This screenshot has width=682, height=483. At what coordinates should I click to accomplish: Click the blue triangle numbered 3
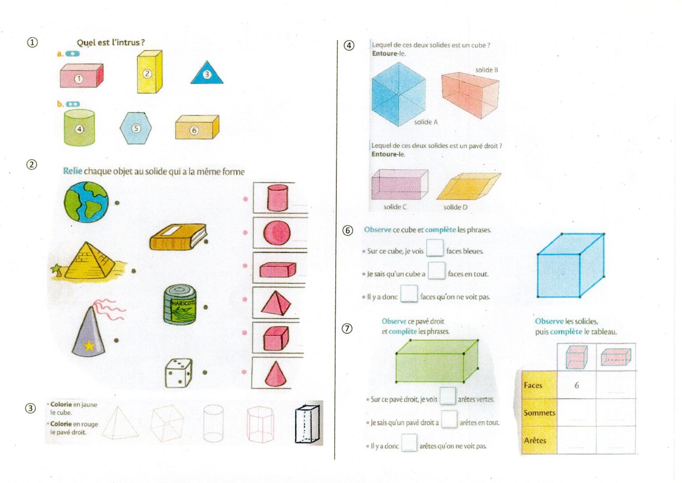click(x=207, y=73)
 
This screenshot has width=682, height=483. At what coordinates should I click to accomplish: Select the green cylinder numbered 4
click(x=79, y=128)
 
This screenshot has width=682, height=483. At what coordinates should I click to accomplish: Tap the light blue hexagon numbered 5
click(x=135, y=128)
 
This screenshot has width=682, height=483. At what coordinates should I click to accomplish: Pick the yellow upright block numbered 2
click(x=150, y=72)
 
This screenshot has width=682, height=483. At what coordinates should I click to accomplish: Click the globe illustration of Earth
click(x=86, y=202)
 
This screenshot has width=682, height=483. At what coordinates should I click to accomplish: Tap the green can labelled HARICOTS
click(x=180, y=305)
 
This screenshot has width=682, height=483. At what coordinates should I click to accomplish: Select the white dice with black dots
click(x=178, y=373)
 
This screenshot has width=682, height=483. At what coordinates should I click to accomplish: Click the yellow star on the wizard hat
click(x=89, y=346)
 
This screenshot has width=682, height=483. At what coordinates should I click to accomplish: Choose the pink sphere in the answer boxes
click(x=277, y=233)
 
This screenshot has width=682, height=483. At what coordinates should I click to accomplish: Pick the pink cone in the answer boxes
click(x=276, y=374)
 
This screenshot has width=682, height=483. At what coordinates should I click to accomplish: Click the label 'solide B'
click(x=487, y=70)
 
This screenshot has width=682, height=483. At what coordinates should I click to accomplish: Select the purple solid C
click(x=400, y=184)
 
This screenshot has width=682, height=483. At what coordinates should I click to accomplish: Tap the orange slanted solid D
click(x=469, y=186)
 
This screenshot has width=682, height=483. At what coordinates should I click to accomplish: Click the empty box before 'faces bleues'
click(x=435, y=248)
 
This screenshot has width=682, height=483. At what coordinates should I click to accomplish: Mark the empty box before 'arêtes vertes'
click(x=448, y=396)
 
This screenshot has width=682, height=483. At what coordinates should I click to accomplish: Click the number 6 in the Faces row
click(x=576, y=386)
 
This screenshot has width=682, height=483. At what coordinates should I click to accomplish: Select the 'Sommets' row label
click(x=539, y=413)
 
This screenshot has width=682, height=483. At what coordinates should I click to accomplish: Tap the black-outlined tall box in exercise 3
click(x=308, y=423)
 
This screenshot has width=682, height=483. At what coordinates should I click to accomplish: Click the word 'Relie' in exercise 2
click(x=72, y=171)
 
